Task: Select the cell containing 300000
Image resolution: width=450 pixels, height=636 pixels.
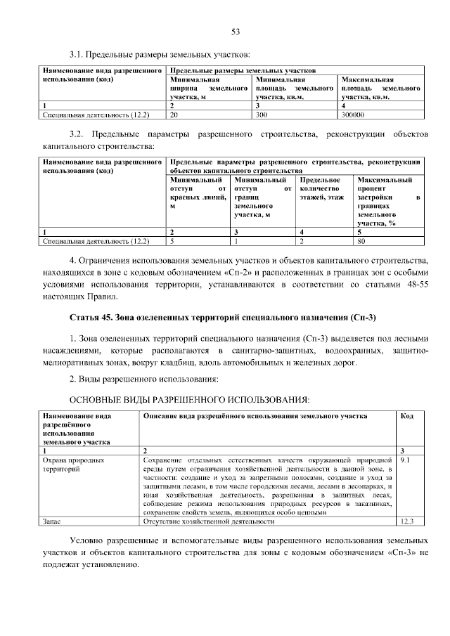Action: [x=352, y=113]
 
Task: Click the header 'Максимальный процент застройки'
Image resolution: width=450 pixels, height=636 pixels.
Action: [x=389, y=201]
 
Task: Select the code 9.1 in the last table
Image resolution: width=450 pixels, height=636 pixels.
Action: [x=405, y=460]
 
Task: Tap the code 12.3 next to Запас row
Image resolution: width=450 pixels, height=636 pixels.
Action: [x=406, y=522]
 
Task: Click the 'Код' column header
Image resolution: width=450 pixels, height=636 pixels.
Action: [x=406, y=416]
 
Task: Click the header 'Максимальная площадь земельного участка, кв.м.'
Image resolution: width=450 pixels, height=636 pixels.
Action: [x=380, y=89]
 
